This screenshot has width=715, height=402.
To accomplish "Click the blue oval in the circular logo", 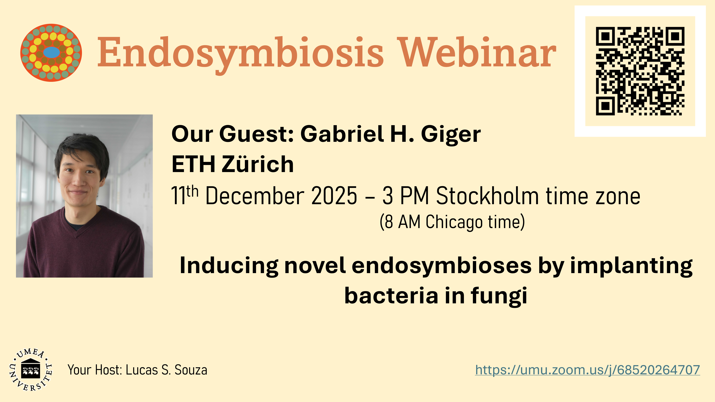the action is (x=52, y=52).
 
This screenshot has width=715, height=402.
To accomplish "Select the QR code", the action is (x=640, y=71).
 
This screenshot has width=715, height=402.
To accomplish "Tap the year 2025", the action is (x=334, y=196).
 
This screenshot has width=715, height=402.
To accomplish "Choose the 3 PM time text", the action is (x=406, y=196).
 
